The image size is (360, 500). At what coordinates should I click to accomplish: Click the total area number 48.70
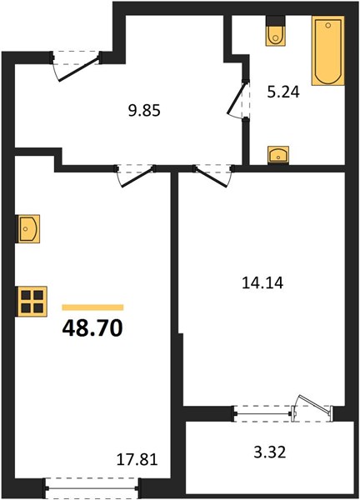92,328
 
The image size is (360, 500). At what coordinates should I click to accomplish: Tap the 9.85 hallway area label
144,111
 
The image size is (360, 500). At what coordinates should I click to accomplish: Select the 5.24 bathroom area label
283,92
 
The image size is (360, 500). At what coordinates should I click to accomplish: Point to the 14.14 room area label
262,282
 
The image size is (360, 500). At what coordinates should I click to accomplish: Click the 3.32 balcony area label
270,452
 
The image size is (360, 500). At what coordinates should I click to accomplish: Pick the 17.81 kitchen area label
137,460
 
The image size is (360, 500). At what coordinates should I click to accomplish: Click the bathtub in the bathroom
328,51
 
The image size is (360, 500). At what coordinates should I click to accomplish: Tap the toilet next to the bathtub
276,31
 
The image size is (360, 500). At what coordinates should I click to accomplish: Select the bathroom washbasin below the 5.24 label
278,155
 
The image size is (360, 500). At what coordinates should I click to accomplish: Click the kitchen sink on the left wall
27,228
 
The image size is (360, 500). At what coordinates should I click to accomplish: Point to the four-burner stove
32,302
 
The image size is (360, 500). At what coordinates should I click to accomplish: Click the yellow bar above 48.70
92,307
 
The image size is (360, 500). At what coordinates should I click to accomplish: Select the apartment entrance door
77,66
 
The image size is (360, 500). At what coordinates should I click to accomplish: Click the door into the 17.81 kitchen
136,175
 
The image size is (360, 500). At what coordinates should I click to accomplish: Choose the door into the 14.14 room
213,175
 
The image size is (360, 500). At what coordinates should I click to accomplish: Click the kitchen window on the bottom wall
92,487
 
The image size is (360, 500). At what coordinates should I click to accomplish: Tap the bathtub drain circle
328,25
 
